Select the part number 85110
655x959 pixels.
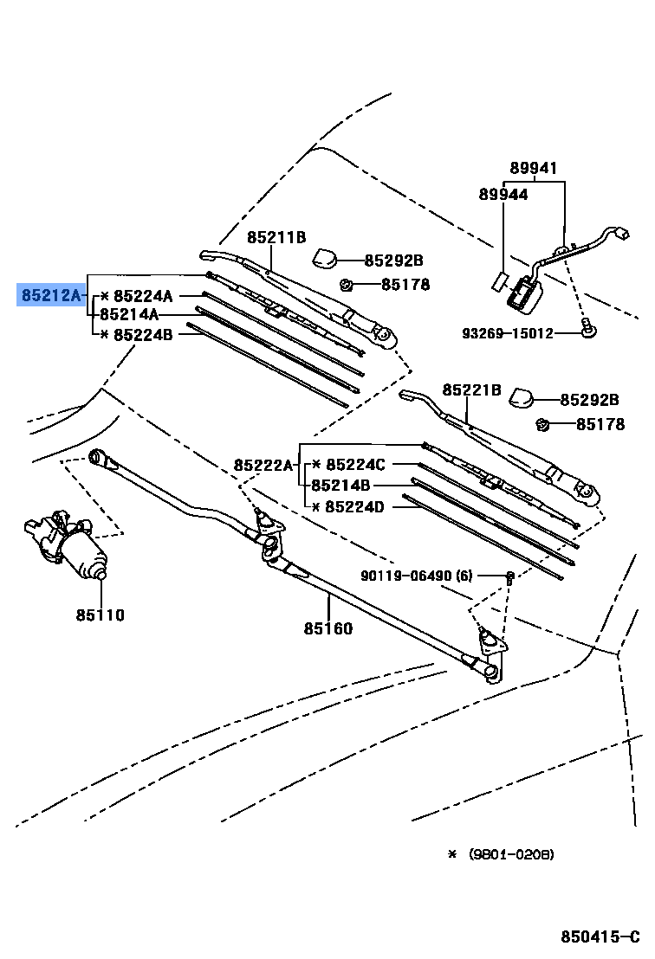click(100, 615)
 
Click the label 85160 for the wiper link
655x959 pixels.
click(328, 628)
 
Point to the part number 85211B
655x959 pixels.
click(276, 237)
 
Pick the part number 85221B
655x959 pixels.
click(472, 390)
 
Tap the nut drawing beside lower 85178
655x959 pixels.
click(543, 423)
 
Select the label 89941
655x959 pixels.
click(534, 169)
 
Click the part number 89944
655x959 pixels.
click(503, 195)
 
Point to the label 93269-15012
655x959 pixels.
click(507, 332)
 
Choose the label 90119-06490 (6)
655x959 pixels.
click(418, 576)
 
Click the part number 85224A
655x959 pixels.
click(144, 296)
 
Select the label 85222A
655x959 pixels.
click(263, 465)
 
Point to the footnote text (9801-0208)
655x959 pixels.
click(511, 854)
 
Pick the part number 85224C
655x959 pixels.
click(355, 465)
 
